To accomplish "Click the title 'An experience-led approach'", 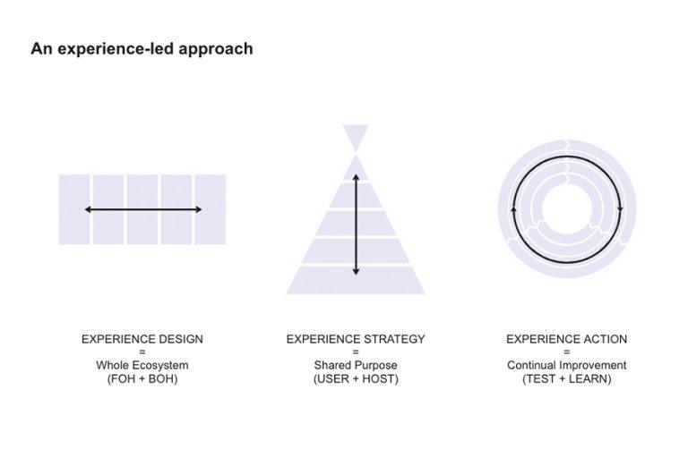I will click(x=142, y=49).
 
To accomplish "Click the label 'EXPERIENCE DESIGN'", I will click(x=142, y=339).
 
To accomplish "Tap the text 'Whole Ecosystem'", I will click(x=142, y=365).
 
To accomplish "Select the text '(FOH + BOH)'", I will click(x=142, y=378).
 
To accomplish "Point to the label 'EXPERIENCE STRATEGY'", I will click(x=356, y=339).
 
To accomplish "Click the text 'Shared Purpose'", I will click(x=356, y=365).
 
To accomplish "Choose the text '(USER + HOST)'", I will click(x=356, y=378).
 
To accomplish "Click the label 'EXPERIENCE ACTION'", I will click(x=566, y=339).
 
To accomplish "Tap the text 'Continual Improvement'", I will click(x=566, y=365).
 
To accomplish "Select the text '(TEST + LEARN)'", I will click(x=566, y=378).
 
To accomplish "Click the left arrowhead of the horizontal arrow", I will click(x=88, y=209).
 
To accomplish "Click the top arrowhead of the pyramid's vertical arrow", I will click(x=356, y=177).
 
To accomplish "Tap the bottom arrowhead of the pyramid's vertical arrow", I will click(x=356, y=271).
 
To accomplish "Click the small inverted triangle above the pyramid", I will click(x=356, y=136).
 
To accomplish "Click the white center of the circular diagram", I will click(x=566, y=209).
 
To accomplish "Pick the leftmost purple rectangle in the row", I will click(x=74, y=209).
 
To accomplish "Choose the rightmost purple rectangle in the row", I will click(x=211, y=209).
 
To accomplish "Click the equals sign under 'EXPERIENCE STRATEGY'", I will click(x=356, y=352).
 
